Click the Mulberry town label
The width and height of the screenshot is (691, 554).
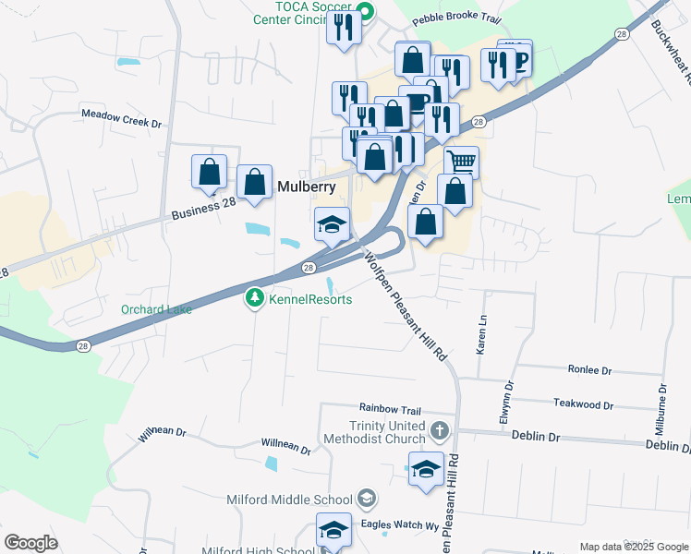coord(307,186)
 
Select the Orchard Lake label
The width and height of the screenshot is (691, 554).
coord(156,309)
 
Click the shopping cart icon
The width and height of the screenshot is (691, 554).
coord(461,163)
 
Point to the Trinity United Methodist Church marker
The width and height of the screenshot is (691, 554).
coord(441,430)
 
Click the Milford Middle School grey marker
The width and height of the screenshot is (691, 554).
coord(367,500)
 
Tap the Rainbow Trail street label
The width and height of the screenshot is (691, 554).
coord(390,410)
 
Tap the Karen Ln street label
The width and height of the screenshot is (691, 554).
coord(481,338)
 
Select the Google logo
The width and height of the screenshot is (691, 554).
coord(30,543)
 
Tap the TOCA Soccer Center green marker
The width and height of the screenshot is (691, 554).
coord(364,13)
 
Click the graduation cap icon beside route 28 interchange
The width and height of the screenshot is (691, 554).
coord(332,223)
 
